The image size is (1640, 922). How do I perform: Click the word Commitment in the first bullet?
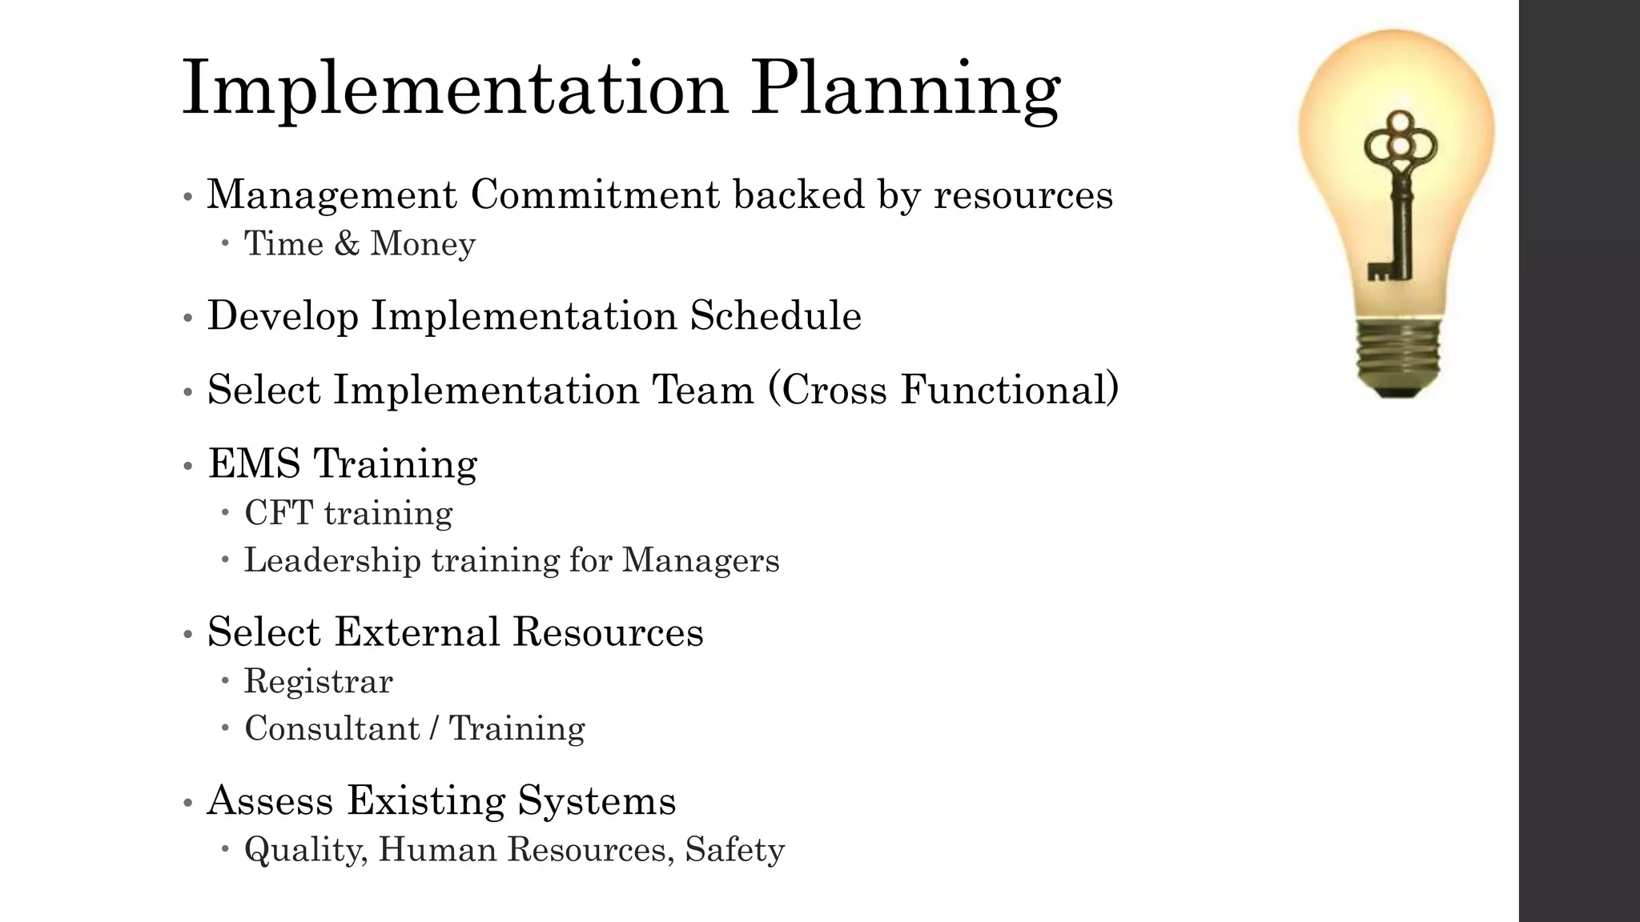595,194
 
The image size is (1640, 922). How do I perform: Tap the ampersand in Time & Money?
347,243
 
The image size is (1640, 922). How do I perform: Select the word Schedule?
775,315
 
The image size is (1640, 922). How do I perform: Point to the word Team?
703,390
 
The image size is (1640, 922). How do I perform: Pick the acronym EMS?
255,463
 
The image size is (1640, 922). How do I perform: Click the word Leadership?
332,560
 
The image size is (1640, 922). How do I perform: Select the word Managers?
700,560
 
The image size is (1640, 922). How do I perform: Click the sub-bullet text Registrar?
318,682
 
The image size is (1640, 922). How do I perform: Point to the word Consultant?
332,729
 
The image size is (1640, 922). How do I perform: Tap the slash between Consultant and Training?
433,729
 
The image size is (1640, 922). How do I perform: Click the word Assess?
270,800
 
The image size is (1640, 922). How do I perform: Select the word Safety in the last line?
734,850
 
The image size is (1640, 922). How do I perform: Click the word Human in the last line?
437,850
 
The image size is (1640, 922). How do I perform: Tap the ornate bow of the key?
1401,143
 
